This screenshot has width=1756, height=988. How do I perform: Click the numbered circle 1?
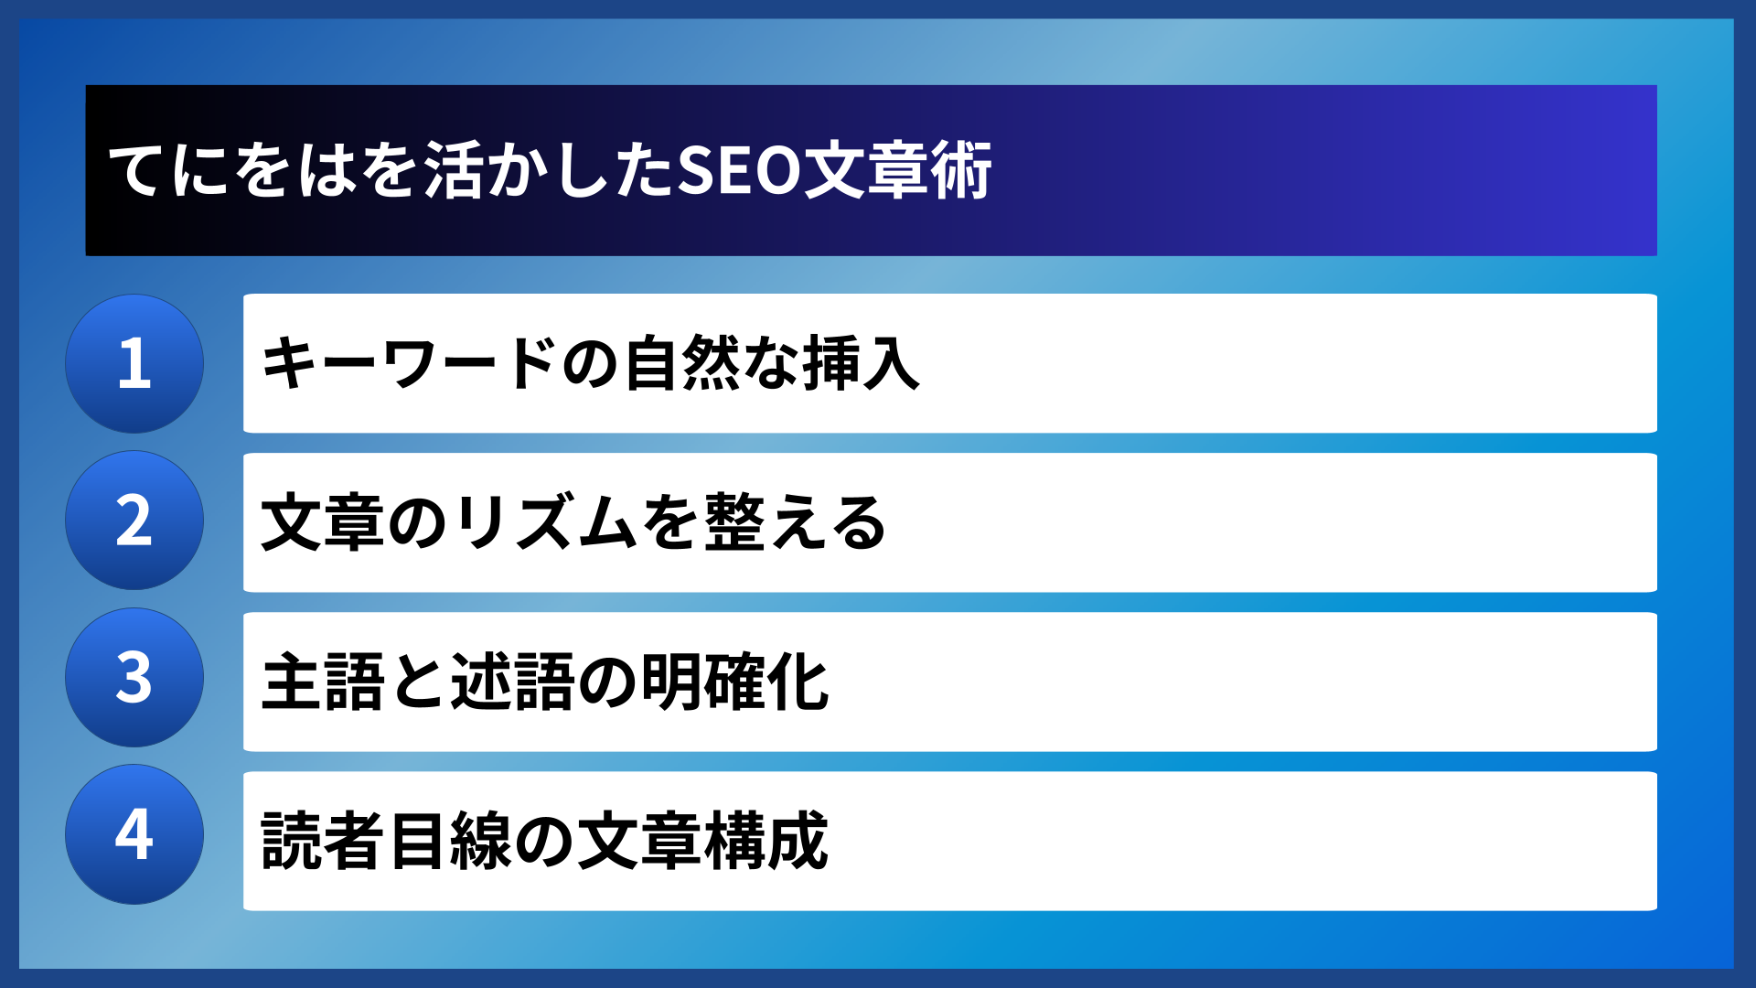[134, 363]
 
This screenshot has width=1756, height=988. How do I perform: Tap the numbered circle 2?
[134, 521]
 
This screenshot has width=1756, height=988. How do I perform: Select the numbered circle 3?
[134, 678]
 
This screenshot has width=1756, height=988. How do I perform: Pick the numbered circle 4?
[134, 834]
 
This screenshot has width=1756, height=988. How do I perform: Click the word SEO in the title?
[739, 170]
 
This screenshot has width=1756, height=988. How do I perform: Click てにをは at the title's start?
[232, 170]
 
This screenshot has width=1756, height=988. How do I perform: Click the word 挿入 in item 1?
[861, 363]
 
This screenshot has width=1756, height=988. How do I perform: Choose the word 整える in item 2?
[795, 522]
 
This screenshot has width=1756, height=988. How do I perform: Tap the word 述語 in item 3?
[513, 682]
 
